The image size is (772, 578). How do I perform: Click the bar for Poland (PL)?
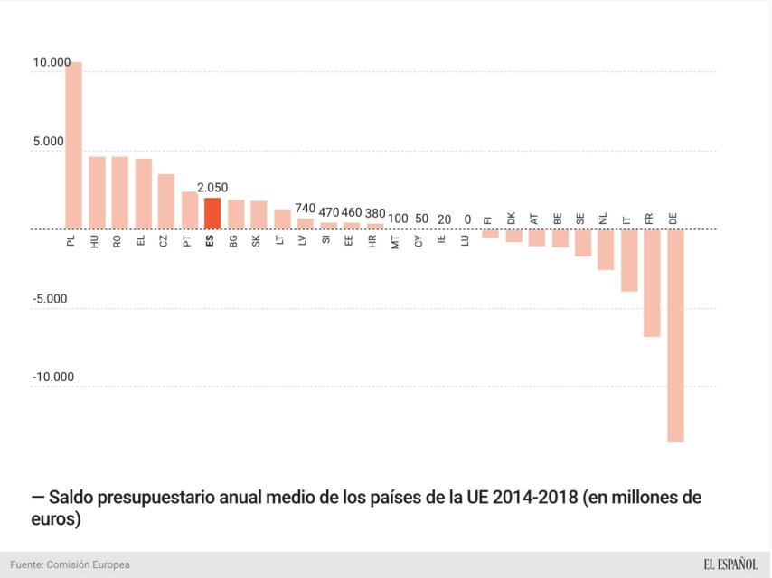(x=73, y=145)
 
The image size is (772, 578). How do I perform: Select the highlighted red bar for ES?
(x=212, y=213)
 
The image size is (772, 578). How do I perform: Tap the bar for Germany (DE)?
(x=675, y=335)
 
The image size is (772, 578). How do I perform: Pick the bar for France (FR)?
(x=652, y=283)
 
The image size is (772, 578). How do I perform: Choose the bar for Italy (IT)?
(x=629, y=260)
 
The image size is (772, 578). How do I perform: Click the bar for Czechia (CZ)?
(x=166, y=201)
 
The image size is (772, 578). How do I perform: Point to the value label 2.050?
(x=213, y=188)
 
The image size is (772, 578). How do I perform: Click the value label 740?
(x=306, y=208)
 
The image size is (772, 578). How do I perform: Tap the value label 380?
(x=374, y=213)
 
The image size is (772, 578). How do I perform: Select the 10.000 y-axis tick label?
(x=52, y=62)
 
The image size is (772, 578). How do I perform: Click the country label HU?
(x=96, y=242)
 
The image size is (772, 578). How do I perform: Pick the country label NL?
(x=604, y=218)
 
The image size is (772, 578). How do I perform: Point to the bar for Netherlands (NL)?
(x=606, y=249)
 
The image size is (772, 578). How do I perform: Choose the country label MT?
(x=396, y=242)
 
